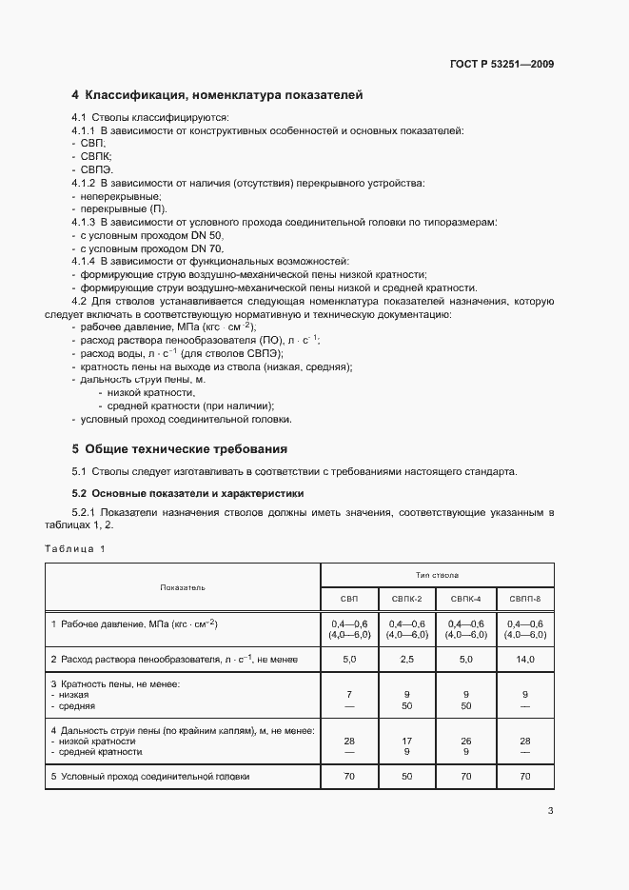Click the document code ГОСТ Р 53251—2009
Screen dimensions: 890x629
coord(501,64)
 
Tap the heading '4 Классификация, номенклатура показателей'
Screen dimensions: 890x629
coord(217,95)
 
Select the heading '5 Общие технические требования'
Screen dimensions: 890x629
coord(180,448)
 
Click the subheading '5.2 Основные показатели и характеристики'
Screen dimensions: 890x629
coord(187,493)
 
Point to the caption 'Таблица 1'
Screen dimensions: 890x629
coord(75,548)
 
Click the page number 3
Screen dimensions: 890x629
coord(550,811)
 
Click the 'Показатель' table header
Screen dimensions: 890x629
coord(182,588)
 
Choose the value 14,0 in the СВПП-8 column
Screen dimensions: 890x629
coord(524,659)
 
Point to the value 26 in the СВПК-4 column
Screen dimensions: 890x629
coord(466,741)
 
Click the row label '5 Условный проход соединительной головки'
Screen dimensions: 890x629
coord(150,777)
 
